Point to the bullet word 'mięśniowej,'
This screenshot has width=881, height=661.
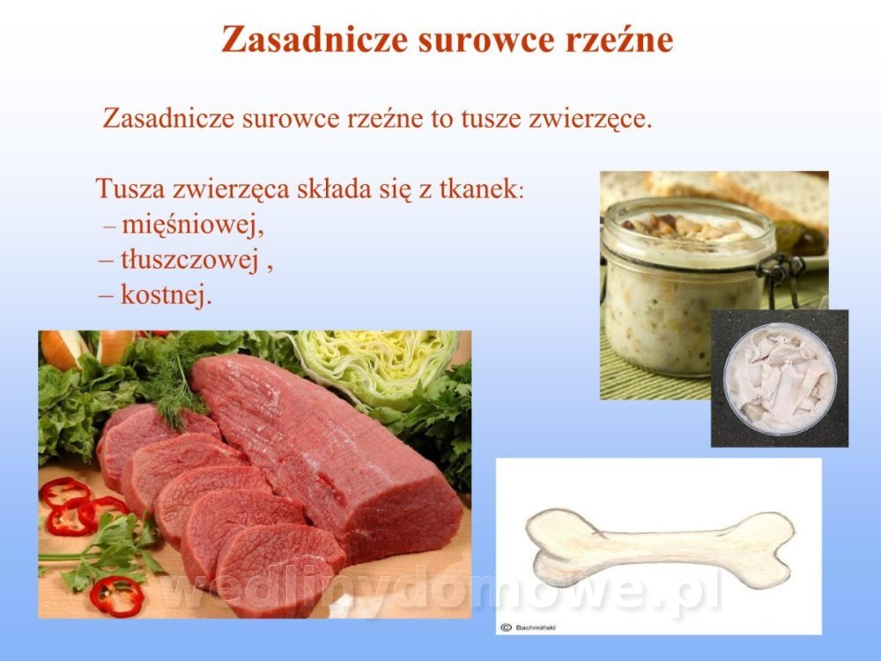coord(193,226)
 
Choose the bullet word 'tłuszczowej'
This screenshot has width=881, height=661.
coord(189,260)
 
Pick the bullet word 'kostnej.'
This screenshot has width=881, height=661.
coord(167,294)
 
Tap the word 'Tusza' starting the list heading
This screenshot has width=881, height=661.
coord(130,189)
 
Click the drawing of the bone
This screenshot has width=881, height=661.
coord(660,547)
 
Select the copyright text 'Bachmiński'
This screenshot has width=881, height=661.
coord(536,628)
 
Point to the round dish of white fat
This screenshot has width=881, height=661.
coord(780,379)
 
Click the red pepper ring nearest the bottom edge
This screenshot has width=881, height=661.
coord(117,595)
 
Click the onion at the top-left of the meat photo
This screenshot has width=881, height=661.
coord(63,348)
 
